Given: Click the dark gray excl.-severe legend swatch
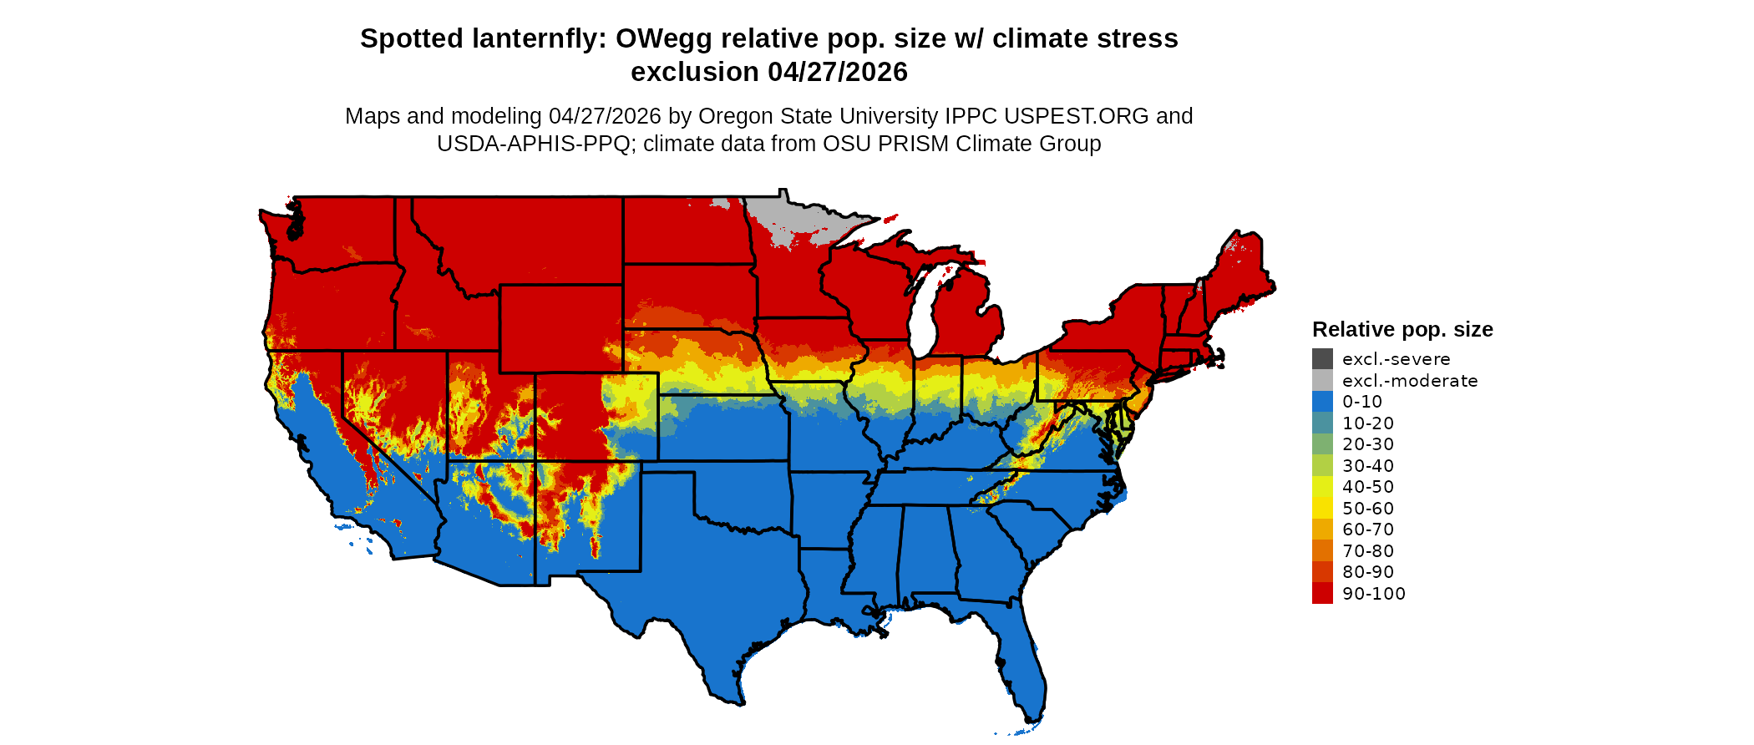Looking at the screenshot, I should pos(1322,359).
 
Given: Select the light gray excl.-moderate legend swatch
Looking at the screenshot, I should pos(1322,380).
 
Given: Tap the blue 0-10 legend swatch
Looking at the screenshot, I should pos(1322,402).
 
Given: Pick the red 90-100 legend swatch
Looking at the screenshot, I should pos(1322,593).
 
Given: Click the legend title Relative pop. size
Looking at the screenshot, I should pos(1402,329).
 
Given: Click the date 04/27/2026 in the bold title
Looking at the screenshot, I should pos(838,72).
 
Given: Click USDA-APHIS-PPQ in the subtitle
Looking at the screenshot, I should pos(533,144).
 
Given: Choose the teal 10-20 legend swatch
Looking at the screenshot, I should pos(1322,423).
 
